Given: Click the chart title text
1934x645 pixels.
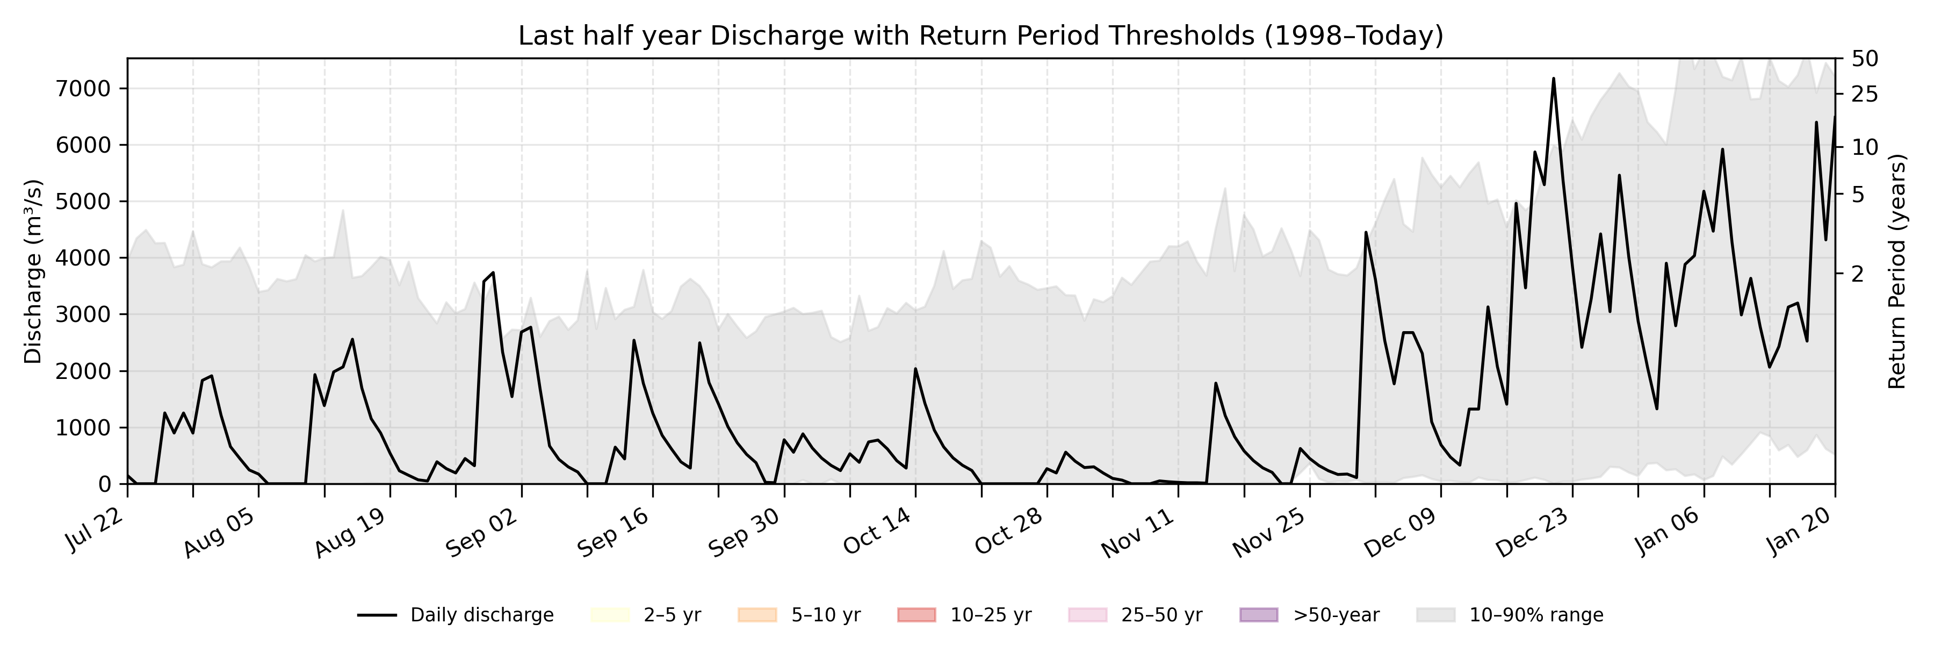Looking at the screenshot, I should point(980,36).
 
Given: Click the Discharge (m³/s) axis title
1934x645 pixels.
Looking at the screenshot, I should point(33,271).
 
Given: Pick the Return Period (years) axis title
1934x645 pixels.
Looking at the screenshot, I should point(1897,271).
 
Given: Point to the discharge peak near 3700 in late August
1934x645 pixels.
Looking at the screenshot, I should point(493,273).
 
